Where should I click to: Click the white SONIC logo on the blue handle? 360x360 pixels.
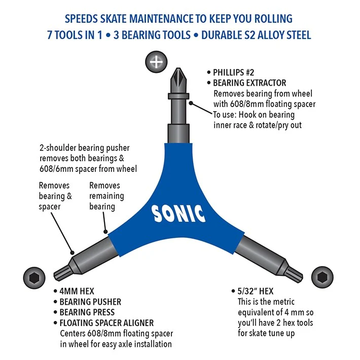click(x=178, y=214)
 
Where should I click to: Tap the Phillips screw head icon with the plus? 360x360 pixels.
click(x=156, y=62)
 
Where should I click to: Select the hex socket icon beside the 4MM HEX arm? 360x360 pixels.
click(x=34, y=278)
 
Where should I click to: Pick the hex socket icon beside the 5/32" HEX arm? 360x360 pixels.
click(x=322, y=277)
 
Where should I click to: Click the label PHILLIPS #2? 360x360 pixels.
click(x=234, y=73)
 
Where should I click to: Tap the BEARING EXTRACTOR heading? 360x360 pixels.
click(x=249, y=83)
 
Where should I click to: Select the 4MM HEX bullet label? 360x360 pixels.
click(x=77, y=292)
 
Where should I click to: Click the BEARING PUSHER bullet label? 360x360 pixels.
click(x=90, y=302)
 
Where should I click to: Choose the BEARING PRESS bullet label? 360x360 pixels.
click(x=87, y=312)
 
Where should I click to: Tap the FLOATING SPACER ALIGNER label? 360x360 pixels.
click(x=106, y=323)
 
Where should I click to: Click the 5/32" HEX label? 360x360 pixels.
click(x=256, y=292)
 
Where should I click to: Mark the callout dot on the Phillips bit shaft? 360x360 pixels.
click(x=191, y=103)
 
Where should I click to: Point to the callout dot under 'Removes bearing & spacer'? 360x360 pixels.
click(x=73, y=253)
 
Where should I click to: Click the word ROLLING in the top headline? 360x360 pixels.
click(x=273, y=19)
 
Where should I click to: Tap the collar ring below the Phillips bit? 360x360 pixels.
click(x=178, y=96)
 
